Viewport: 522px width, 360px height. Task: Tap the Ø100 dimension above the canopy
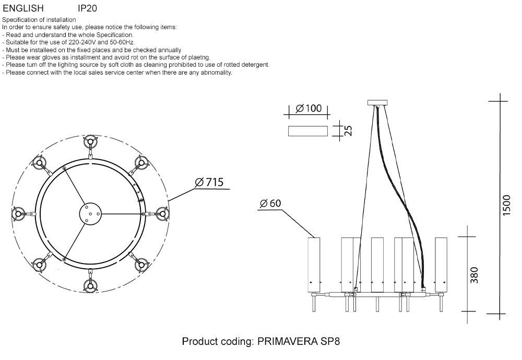(309, 109)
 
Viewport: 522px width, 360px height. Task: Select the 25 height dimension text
(348, 130)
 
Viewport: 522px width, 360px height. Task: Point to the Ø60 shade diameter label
(270, 203)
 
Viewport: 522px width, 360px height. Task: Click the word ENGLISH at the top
(23, 8)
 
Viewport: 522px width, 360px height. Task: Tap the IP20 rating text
(87, 8)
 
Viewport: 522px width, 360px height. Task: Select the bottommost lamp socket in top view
(90, 285)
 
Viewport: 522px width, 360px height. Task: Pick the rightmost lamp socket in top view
(162, 213)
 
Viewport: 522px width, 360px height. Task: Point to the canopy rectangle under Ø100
(307, 130)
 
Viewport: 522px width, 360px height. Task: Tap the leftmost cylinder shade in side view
(314, 265)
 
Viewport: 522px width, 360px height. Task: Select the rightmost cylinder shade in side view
(442, 265)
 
